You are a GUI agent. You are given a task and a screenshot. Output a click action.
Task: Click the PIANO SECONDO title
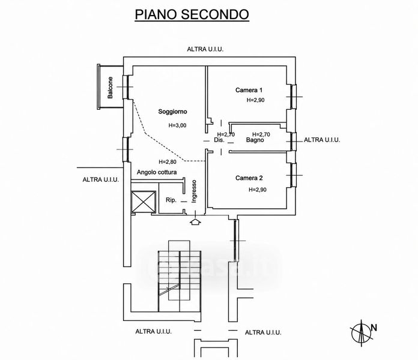pyautogui.click(x=192, y=14)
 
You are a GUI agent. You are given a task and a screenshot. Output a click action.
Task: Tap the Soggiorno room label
pyautogui.click(x=172, y=112)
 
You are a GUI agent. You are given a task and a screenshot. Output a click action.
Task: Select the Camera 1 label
pyautogui.click(x=249, y=90)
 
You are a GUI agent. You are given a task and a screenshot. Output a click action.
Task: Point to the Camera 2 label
pyautogui.click(x=249, y=178)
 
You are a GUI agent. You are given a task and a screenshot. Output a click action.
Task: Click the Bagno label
pyautogui.click(x=255, y=140)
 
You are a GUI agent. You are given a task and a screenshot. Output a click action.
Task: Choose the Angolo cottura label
pyautogui.click(x=157, y=172)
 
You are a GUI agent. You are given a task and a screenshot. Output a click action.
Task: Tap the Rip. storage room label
pyautogui.click(x=171, y=200)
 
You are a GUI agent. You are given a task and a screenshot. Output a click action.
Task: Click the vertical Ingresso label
pyautogui.click(x=194, y=191)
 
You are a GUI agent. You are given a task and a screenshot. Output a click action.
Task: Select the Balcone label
pyautogui.click(x=110, y=88)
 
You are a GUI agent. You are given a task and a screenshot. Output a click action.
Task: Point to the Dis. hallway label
pyautogui.click(x=219, y=140)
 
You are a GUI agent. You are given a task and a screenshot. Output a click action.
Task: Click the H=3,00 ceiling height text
pyautogui.click(x=177, y=125)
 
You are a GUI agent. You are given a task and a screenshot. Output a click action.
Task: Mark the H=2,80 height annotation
pyautogui.click(x=168, y=161)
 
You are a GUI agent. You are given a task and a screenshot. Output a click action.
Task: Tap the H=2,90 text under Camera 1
pyautogui.click(x=255, y=100)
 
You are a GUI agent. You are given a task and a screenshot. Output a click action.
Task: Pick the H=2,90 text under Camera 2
pyautogui.click(x=258, y=190)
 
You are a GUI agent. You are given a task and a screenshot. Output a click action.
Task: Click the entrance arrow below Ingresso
pyautogui.click(x=195, y=222)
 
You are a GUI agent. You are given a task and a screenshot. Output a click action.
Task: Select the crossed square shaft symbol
pyautogui.click(x=144, y=202)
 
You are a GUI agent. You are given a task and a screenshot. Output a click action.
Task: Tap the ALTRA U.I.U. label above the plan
pyautogui.click(x=205, y=49)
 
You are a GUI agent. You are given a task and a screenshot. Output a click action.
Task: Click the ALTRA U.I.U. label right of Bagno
pyautogui.click(x=322, y=140)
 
